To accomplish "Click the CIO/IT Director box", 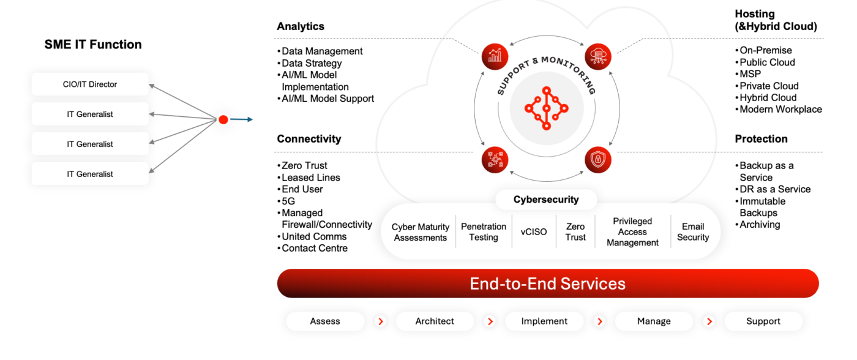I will click(x=90, y=84).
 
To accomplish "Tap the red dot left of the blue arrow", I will click(x=223, y=120).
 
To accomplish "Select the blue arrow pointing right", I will click(x=242, y=120).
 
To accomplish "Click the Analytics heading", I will click(x=301, y=26).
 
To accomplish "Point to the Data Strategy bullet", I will click(x=312, y=63).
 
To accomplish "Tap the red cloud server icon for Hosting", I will click(x=597, y=56).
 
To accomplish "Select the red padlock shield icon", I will click(x=597, y=159).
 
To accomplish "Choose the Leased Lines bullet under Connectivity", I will click(x=310, y=178).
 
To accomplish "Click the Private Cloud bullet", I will click(x=769, y=86).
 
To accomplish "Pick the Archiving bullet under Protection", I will click(x=760, y=225).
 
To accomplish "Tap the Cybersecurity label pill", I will click(x=546, y=200).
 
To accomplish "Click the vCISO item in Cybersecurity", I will click(x=534, y=232).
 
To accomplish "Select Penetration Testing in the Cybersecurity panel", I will click(x=484, y=232).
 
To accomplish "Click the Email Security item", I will click(x=693, y=232).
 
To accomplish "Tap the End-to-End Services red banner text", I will click(x=547, y=283).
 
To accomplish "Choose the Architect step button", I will click(x=435, y=321).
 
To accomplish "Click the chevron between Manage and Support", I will click(x=709, y=321).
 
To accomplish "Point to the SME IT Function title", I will click(x=93, y=45).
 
